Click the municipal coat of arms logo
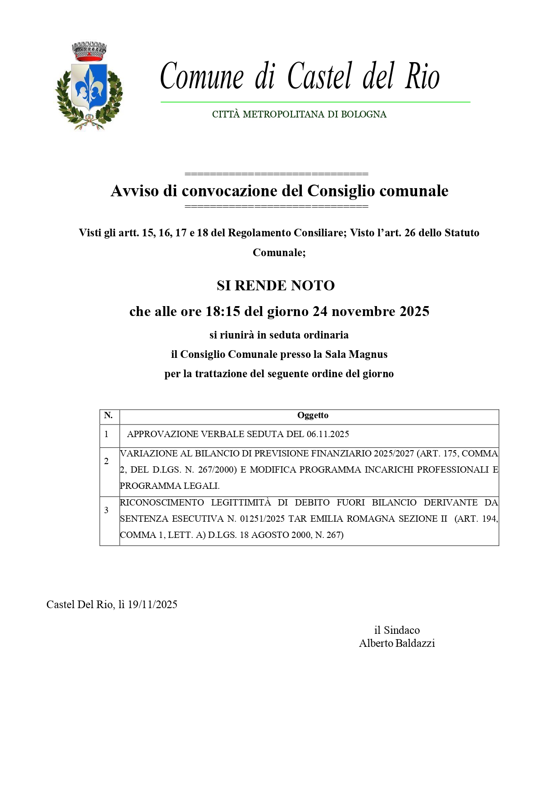[x=89, y=86]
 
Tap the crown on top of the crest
[x=89, y=51]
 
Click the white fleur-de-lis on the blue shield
[x=89, y=86]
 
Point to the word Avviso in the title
[x=135, y=191]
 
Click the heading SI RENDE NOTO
[x=276, y=285]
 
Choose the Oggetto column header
[x=313, y=415]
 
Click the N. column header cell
[x=109, y=415]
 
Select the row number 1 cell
[x=107, y=434]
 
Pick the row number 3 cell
[x=107, y=510]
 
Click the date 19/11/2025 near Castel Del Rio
[x=152, y=605]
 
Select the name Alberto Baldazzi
[x=397, y=644]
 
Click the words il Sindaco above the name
[x=397, y=630]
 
